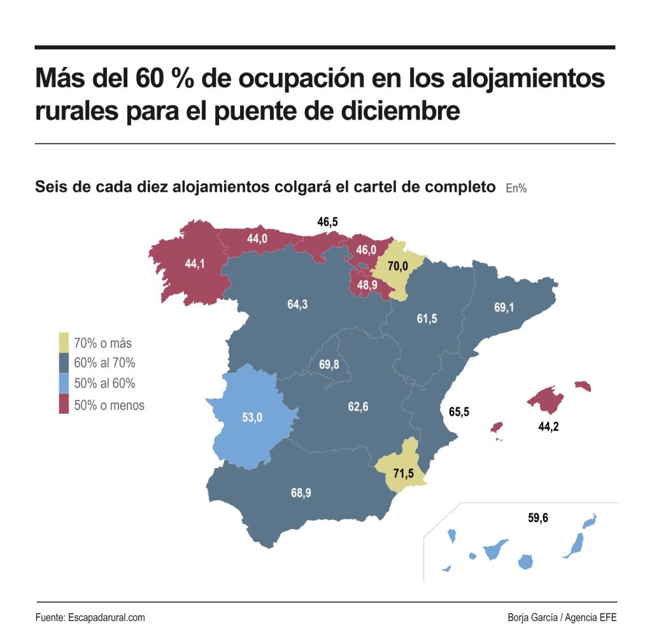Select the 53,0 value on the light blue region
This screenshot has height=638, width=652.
point(252,418)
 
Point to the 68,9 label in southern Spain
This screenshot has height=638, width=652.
point(301,492)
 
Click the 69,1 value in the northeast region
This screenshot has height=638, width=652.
point(504,308)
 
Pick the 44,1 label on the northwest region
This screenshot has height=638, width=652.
point(195,264)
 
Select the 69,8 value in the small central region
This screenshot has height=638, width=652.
point(329,365)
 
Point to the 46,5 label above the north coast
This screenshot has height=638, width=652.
point(327,222)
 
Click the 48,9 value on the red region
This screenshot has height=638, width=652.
point(366,286)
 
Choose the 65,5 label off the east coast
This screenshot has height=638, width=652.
point(459,412)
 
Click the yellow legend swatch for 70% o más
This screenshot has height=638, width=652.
point(64,343)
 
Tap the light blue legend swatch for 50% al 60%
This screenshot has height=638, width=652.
point(64,384)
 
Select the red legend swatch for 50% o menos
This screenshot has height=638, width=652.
point(64,405)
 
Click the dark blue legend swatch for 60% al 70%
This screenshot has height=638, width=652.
point(64,364)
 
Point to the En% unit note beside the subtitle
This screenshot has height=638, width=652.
point(516,188)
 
